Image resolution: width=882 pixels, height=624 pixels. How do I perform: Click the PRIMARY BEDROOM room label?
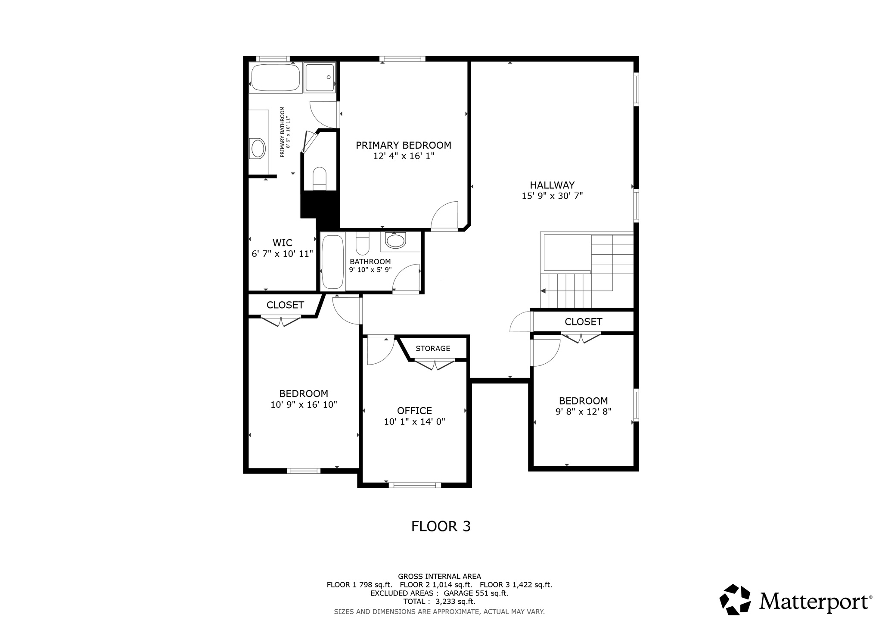[x=403, y=145]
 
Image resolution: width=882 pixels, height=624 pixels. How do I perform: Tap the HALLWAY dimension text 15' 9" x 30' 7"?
[x=552, y=196]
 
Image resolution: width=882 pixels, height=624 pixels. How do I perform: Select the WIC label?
[x=283, y=243]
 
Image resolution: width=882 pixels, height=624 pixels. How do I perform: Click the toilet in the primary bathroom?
[x=320, y=178]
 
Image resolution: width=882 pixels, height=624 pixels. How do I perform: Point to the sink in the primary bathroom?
[x=258, y=148]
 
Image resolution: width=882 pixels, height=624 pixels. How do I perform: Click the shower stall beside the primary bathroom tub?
[x=319, y=78]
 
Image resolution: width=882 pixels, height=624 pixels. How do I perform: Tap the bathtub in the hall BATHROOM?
[x=332, y=262]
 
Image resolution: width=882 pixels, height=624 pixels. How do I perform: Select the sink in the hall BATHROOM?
[x=395, y=240]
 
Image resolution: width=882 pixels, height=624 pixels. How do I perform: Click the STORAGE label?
[x=433, y=348]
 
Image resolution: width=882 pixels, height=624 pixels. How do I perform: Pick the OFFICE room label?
[x=414, y=411]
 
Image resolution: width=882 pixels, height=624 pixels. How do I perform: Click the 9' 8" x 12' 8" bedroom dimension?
[x=583, y=412]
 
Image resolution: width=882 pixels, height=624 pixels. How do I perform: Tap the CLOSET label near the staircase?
[x=583, y=321]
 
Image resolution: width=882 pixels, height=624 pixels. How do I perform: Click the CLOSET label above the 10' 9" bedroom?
[x=285, y=305]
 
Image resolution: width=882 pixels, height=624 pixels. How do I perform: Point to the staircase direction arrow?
[x=543, y=291]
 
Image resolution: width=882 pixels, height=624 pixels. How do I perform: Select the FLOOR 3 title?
[x=441, y=526]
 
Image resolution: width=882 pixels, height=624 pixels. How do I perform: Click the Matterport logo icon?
[x=735, y=599]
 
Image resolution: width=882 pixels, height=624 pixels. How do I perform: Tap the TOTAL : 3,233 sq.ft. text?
[x=439, y=602]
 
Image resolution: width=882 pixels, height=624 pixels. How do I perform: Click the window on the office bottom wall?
[x=415, y=485]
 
